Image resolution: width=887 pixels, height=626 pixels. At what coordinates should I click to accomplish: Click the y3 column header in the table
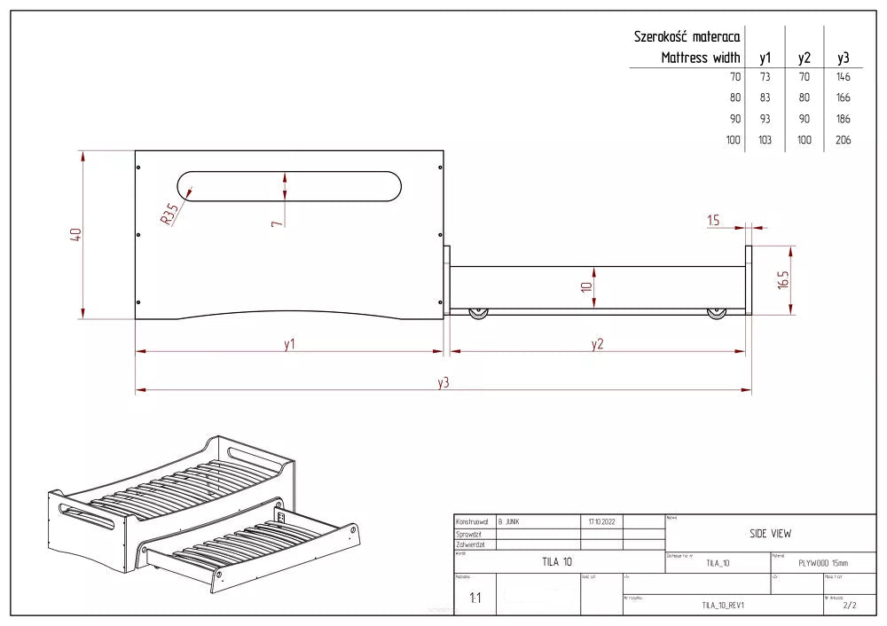tap(844, 58)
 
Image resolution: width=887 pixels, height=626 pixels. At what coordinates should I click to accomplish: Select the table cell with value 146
tap(843, 77)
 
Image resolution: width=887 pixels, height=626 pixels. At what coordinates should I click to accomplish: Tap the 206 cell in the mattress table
tap(843, 140)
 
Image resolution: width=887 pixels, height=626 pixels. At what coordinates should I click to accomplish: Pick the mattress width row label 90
tap(734, 119)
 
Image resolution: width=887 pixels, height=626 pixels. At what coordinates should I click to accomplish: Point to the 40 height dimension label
tap(76, 235)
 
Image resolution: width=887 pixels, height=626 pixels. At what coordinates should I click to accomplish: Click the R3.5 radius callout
tap(169, 214)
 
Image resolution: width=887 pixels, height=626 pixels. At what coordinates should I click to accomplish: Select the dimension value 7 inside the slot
tap(278, 222)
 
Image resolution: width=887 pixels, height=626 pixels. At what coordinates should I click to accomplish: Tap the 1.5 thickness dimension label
tap(713, 221)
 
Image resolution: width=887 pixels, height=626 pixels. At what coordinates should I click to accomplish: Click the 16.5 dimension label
tap(783, 280)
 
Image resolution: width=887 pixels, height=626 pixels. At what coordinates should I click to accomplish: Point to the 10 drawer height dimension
tap(586, 288)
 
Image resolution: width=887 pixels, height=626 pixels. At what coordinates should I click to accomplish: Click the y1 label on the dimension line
tap(289, 344)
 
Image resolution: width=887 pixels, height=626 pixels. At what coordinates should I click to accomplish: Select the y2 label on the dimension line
tap(597, 344)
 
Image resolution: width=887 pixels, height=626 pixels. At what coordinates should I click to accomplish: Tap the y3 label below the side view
tap(443, 382)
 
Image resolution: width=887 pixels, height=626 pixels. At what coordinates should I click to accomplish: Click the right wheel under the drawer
tap(716, 314)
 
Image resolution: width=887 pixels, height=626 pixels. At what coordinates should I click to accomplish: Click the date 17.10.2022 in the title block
tap(600, 522)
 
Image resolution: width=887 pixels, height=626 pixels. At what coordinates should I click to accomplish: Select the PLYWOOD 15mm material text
tap(822, 562)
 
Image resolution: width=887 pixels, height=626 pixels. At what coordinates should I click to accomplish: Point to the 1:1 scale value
tap(475, 599)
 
